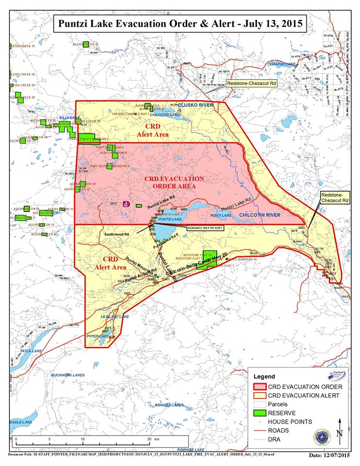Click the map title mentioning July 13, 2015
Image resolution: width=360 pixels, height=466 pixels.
[179, 23]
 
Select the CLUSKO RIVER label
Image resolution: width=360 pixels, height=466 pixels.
[196, 105]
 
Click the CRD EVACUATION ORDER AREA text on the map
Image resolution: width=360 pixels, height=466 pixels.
[174, 182]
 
